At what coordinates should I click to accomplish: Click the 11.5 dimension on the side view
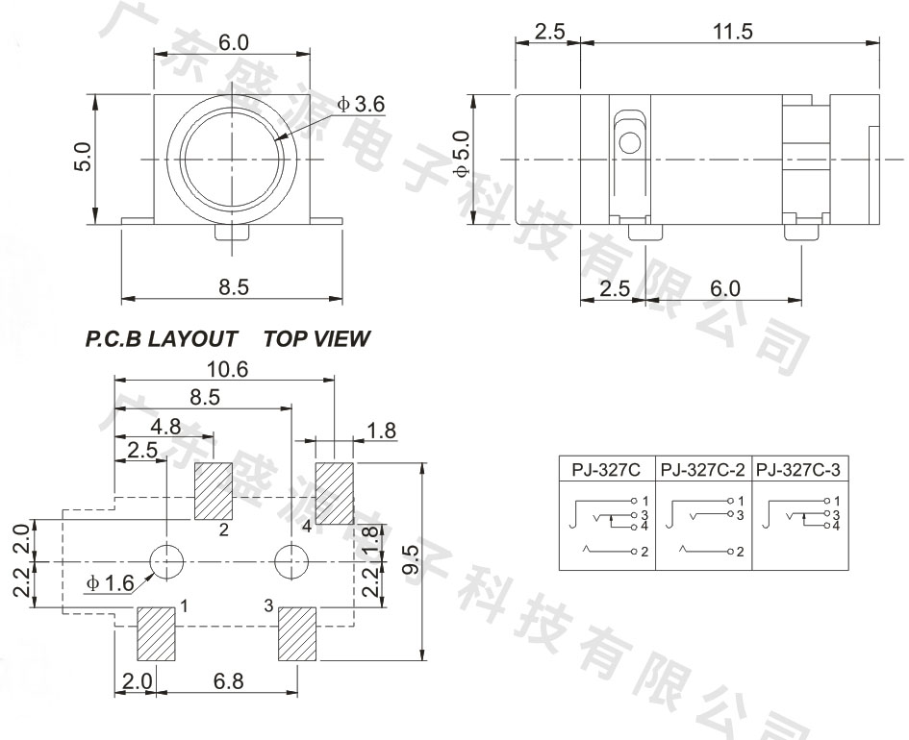(733, 32)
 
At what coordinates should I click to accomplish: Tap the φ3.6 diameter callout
(361, 104)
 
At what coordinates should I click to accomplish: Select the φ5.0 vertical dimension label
(462, 154)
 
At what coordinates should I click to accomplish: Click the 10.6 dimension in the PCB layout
(228, 369)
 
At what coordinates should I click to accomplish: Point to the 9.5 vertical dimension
(410, 560)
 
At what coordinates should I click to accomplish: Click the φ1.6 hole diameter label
(111, 582)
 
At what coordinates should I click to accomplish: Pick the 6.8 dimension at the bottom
(228, 681)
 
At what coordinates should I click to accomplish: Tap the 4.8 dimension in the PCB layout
(165, 427)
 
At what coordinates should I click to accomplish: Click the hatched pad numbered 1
(156, 633)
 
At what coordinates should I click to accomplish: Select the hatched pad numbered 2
(213, 491)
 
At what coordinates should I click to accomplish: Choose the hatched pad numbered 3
(297, 633)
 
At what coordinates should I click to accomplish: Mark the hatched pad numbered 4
(334, 493)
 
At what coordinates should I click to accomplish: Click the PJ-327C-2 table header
(702, 470)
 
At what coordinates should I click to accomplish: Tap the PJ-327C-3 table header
(797, 470)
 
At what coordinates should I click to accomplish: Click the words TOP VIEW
(316, 338)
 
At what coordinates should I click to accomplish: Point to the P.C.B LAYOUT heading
(162, 338)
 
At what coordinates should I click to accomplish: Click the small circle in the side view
(630, 142)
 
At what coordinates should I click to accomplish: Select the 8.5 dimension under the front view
(234, 286)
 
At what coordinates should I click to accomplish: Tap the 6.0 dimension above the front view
(234, 42)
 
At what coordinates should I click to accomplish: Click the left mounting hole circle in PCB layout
(167, 561)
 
